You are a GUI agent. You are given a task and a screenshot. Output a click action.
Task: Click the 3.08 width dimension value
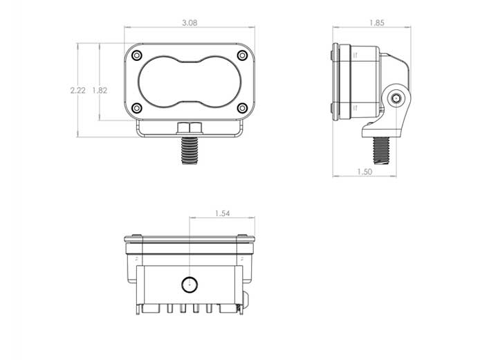188,23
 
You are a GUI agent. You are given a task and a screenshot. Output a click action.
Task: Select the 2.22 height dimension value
78,91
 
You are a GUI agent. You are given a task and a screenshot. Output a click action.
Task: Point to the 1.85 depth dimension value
376,23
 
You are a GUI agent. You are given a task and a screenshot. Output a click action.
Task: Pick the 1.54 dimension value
222,213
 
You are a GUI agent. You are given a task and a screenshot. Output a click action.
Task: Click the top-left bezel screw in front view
137,55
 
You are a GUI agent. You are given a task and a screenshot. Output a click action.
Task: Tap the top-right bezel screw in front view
241,55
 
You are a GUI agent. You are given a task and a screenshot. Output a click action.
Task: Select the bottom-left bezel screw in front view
137,107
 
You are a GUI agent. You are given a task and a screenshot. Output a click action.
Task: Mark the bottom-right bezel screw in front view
241,107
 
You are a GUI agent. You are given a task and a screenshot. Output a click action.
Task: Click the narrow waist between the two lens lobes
189,82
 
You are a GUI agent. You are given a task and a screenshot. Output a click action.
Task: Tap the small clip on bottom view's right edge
248,300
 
